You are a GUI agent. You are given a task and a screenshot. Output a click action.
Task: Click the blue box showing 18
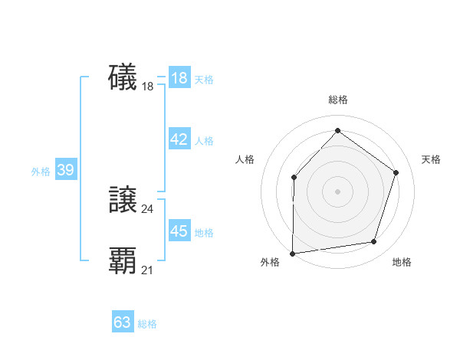point(179,78)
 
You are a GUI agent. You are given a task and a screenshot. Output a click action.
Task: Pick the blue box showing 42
point(179,139)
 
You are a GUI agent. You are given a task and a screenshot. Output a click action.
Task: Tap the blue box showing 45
point(179,231)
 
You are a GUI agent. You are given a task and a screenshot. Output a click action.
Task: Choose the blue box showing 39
point(66,170)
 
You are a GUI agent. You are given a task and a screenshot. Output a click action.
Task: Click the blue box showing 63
point(123,322)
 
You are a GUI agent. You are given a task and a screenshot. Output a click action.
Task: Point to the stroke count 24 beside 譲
point(148,208)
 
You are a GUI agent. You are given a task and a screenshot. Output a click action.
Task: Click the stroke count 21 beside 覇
point(148,270)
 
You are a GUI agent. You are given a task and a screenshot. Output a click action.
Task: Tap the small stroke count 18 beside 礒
point(148,87)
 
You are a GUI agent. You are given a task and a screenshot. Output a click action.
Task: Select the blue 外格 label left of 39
point(41,172)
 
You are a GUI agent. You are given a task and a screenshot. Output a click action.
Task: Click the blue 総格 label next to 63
point(147,324)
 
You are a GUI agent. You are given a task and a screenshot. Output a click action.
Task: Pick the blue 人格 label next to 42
point(204,141)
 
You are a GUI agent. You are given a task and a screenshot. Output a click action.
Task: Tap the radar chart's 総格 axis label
point(337,100)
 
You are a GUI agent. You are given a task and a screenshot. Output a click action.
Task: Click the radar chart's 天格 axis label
point(431,159)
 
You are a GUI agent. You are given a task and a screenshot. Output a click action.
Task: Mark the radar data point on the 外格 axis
point(293,253)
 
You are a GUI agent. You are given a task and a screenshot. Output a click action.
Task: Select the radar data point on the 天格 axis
point(396,172)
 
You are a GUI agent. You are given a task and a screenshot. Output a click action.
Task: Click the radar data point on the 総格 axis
point(337,131)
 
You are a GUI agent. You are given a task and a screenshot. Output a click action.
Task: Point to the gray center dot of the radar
point(337,191)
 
